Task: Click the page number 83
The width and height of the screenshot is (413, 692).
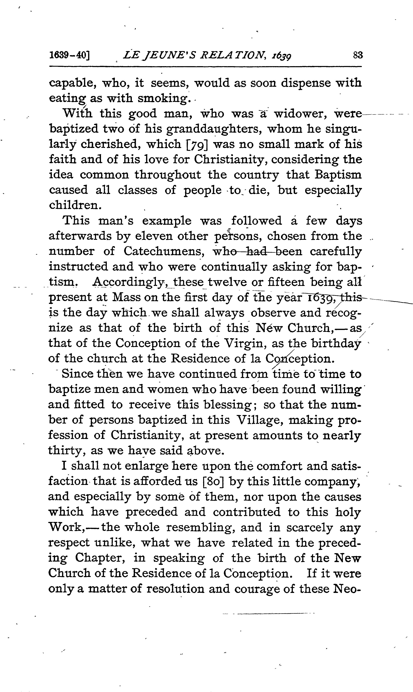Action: pyautogui.click(x=358, y=55)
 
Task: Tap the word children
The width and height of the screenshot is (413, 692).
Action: pyautogui.click(x=74, y=205)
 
